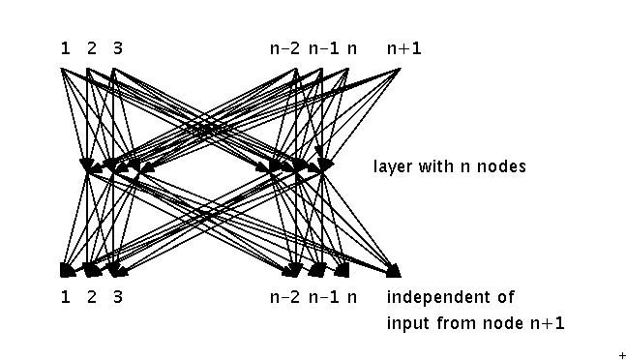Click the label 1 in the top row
[65, 46]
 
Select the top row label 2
[91, 46]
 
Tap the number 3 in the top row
[117, 46]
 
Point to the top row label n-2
[285, 46]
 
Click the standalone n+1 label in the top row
[403, 46]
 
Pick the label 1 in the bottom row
[65, 297]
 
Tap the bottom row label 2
[91, 297]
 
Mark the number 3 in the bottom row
[117, 297]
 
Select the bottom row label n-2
[285, 297]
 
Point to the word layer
[392, 166]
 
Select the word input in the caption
[404, 322]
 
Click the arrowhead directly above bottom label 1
[67, 270]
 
